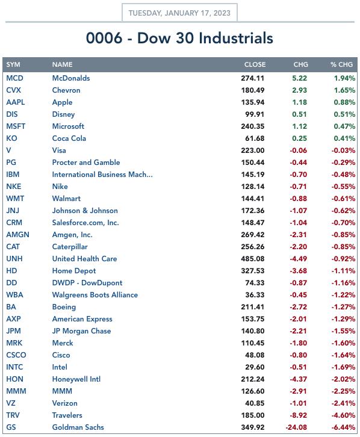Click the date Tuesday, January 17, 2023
(x=179, y=13)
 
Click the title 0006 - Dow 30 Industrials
(x=179, y=38)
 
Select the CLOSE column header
(x=255, y=64)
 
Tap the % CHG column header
(x=341, y=64)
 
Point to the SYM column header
(x=13, y=64)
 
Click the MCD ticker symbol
(x=15, y=78)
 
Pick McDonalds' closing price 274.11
(x=252, y=78)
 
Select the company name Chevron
(x=66, y=90)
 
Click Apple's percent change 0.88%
(x=344, y=102)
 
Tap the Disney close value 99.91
(x=255, y=114)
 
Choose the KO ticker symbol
(x=11, y=138)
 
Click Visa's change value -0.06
(x=298, y=150)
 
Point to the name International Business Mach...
(x=102, y=175)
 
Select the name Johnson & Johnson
(x=85, y=211)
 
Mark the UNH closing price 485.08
(x=252, y=259)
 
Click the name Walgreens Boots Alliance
(x=95, y=295)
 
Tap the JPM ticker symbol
(x=13, y=331)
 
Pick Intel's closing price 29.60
(x=255, y=367)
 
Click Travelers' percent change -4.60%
(x=343, y=415)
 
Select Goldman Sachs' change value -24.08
(x=296, y=427)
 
